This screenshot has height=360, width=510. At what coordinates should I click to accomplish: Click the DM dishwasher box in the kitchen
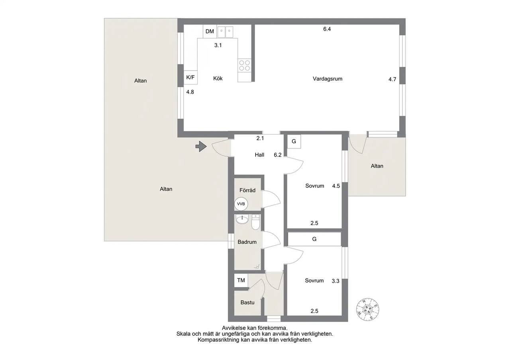pos(210,31)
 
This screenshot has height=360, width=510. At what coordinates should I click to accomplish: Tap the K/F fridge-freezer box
pos(190,77)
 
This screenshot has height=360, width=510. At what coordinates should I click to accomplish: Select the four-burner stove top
pos(245,65)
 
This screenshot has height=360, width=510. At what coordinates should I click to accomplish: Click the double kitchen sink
pos(226,32)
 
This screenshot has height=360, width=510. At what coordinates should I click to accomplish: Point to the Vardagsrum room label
pos(328,79)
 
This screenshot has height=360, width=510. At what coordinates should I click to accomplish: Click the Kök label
pos(218,78)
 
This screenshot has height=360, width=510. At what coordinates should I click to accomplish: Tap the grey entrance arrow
pos(201,146)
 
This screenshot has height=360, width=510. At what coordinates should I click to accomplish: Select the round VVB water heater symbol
pos(241,204)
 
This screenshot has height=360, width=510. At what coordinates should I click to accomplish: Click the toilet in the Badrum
pos(256,222)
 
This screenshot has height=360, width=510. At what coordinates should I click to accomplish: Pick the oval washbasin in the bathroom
pos(242,219)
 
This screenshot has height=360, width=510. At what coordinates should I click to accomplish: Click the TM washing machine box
pos(241,280)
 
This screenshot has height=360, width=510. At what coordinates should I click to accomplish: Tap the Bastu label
pos(247,302)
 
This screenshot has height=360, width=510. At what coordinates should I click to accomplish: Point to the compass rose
pos(368,309)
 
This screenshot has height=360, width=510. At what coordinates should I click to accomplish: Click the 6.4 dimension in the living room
pos(327,29)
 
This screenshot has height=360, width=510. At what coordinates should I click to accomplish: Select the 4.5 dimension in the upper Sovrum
pos(336,186)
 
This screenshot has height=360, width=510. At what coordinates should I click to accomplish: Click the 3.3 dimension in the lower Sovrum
pos(335,281)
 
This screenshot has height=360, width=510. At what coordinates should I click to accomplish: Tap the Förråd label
pos(247,190)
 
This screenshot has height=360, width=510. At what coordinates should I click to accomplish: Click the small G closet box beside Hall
pos(294,141)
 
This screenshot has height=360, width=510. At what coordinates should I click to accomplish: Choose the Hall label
pos(259,155)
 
